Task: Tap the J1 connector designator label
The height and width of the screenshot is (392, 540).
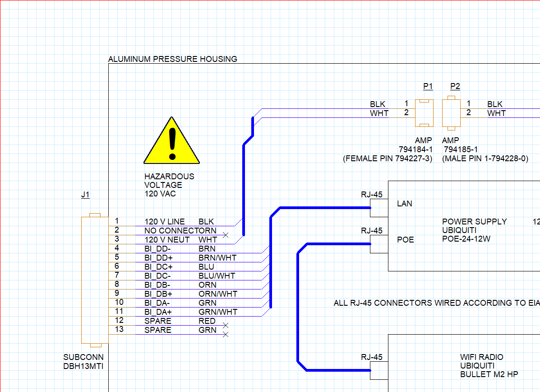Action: [85, 195]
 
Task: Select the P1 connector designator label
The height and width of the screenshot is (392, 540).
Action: [428, 86]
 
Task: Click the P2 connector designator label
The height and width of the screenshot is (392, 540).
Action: [455, 86]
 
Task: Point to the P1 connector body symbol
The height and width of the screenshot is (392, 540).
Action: [424, 113]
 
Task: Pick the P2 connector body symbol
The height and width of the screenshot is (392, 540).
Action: [451, 113]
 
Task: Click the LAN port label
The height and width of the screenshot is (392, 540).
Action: [404, 204]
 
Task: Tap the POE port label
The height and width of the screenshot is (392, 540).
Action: [406, 240]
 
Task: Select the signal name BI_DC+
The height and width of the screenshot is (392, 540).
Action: [158, 267]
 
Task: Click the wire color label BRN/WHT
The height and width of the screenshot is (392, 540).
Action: [217, 258]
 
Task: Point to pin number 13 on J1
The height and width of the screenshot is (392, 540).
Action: [119, 329]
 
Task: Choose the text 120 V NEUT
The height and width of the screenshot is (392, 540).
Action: [167, 240]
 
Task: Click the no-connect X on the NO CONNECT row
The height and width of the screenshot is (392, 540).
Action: [226, 235]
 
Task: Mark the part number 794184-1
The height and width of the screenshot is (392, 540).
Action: [415, 149]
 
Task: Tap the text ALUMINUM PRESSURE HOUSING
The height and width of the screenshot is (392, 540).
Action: [172, 59]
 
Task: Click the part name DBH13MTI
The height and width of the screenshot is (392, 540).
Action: [83, 366]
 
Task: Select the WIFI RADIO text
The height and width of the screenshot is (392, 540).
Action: [481, 357]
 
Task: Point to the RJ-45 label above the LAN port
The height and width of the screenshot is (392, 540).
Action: [372, 195]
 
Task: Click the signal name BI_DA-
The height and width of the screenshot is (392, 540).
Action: [157, 303]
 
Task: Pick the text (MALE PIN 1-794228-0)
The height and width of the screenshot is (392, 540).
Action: [485, 159]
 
